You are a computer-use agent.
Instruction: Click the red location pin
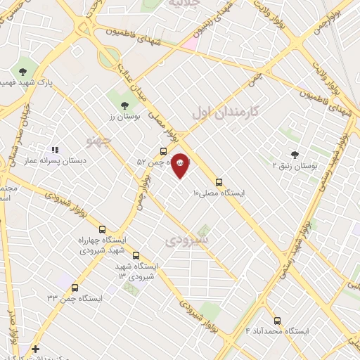pyautogui.click(x=180, y=165)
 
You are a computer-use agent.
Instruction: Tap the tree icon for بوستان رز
pyautogui.click(x=125, y=105)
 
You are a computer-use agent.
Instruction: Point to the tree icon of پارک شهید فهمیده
pyautogui.click(x=23, y=71)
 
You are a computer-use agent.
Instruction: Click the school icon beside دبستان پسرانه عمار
pyautogui.click(x=55, y=150)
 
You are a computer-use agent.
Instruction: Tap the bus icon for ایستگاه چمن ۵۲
pyautogui.click(x=164, y=150)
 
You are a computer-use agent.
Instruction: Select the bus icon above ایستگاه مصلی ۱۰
pyautogui.click(x=219, y=181)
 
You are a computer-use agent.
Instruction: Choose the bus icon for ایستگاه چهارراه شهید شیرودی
pyautogui.click(x=103, y=229)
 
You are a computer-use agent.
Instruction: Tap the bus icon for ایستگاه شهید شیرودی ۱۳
pyautogui.click(x=136, y=255)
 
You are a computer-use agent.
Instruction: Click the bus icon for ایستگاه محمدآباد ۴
pyautogui.click(x=276, y=319)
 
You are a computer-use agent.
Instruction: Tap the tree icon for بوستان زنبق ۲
pyautogui.click(x=295, y=155)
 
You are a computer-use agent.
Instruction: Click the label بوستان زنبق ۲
pyautogui.click(x=295, y=165)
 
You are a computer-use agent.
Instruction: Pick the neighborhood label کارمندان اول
pyautogui.click(x=227, y=110)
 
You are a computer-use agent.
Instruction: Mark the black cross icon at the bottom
pyautogui.click(x=35, y=348)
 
